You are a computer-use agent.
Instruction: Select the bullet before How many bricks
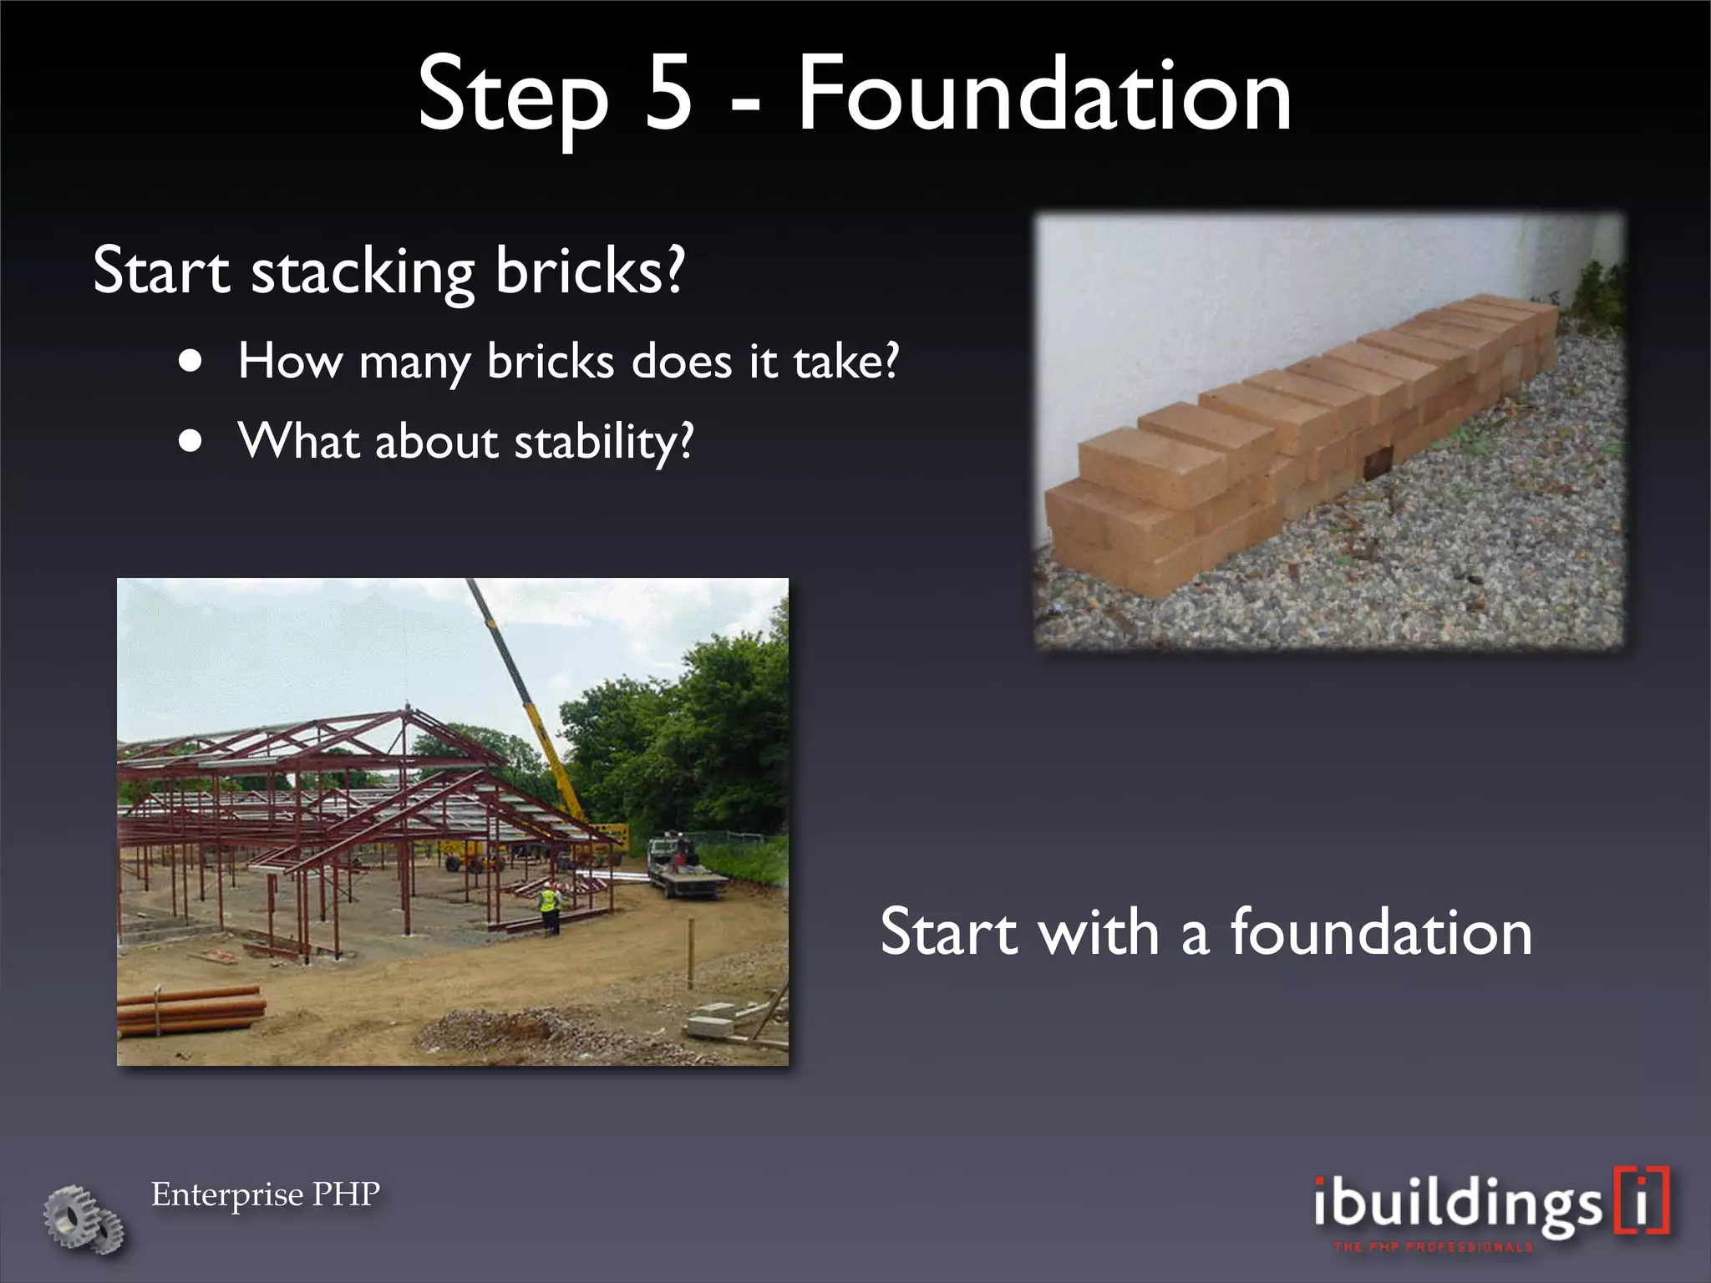191,362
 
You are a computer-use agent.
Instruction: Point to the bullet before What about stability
191,441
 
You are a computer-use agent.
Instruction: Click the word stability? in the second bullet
603,443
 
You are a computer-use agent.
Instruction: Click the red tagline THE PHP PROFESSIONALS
1434,1247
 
